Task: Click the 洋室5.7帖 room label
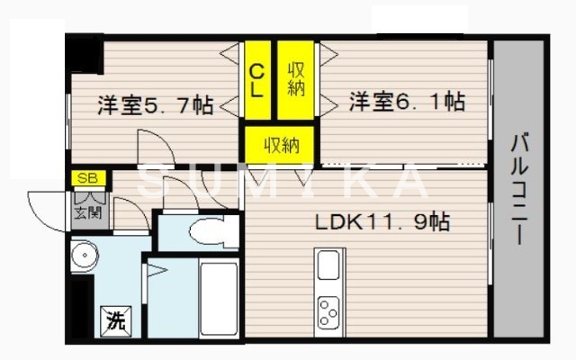(x=154, y=104)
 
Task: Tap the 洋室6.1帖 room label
(x=407, y=102)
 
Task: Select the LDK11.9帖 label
(x=382, y=220)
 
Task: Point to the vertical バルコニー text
(x=519, y=191)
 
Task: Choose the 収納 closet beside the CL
(x=294, y=79)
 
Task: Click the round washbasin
(x=86, y=255)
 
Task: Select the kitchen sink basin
(x=328, y=265)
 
